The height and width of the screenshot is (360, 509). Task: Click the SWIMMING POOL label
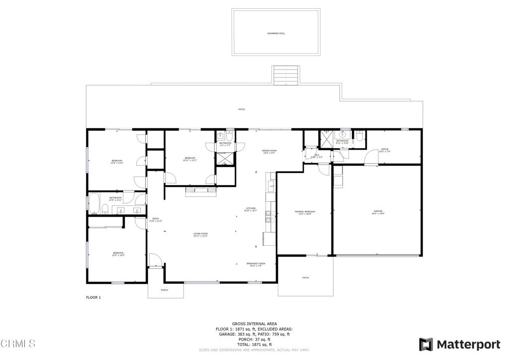[x=276, y=33]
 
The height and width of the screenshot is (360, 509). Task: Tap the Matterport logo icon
[x=425, y=344]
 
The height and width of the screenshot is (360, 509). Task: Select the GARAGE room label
[x=378, y=211]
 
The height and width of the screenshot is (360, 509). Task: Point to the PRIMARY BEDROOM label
[x=305, y=211]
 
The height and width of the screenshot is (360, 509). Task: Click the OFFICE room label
[x=384, y=149]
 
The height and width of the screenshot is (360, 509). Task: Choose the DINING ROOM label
[x=269, y=151]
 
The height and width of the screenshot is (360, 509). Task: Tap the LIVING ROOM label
[x=200, y=234]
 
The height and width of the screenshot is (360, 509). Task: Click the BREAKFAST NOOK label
[x=255, y=264]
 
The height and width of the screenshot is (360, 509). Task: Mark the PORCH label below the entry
[x=164, y=290]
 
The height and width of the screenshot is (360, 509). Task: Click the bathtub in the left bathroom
[x=93, y=204]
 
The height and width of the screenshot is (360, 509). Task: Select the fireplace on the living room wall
[x=201, y=191]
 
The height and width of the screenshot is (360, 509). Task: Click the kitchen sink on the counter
[x=270, y=187]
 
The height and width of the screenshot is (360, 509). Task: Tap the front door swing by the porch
[x=155, y=260]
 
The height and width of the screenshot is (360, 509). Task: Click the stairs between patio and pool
[x=285, y=76]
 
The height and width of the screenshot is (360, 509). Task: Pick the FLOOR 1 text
[x=93, y=297]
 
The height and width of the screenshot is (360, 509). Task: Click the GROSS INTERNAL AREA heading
[x=254, y=324]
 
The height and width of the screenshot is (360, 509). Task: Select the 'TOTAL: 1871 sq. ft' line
[x=254, y=345]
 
